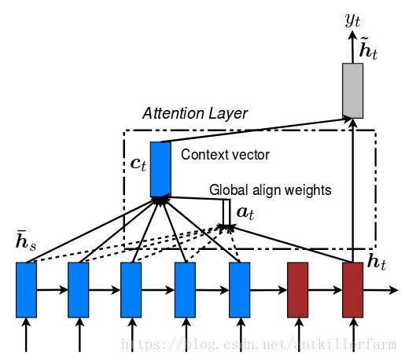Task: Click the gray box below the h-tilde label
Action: [x=352, y=90]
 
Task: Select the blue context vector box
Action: [x=160, y=169]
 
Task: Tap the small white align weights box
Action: [x=226, y=212]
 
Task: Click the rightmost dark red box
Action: [x=352, y=290]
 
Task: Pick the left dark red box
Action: [x=297, y=290]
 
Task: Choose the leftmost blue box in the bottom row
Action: [x=26, y=290]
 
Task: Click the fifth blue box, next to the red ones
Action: [x=239, y=290]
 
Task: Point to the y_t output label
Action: [x=352, y=20]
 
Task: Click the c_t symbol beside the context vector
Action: [x=138, y=164]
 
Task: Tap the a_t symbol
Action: [x=245, y=213]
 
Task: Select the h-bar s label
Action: [x=26, y=241]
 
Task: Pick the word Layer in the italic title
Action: [x=228, y=114]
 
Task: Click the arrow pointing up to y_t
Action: [x=352, y=47]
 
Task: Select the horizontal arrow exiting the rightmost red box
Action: [x=381, y=290]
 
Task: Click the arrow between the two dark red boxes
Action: [x=325, y=290]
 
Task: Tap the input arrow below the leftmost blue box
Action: [x=26, y=335]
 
